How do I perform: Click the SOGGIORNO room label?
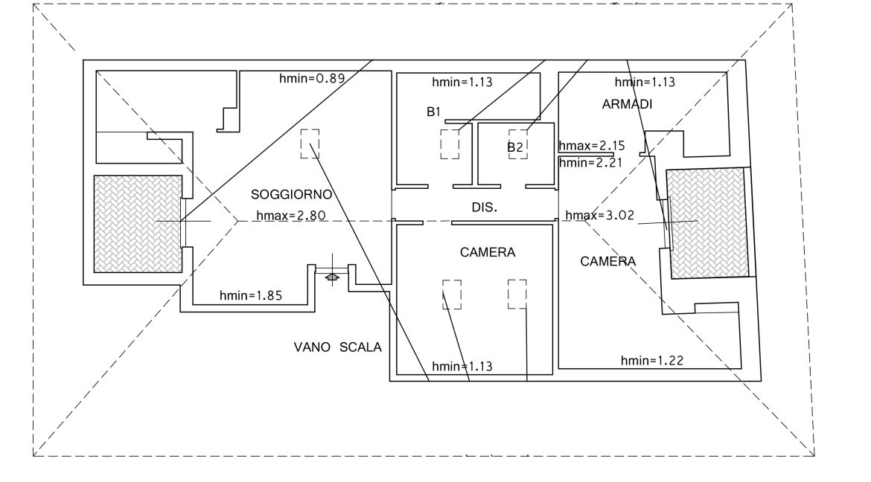point(291,196)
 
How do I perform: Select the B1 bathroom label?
point(433,112)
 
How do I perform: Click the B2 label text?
point(515,147)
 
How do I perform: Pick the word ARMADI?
point(627,105)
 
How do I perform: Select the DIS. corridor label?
point(485,209)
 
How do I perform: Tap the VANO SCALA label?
point(337,347)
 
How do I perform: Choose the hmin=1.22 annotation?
point(652,361)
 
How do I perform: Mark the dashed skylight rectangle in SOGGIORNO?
point(310,144)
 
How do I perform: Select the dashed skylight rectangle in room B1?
point(450,144)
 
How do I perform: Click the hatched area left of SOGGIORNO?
point(138,224)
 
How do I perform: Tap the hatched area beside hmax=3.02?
point(706,223)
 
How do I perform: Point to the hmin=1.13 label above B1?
point(462,82)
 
